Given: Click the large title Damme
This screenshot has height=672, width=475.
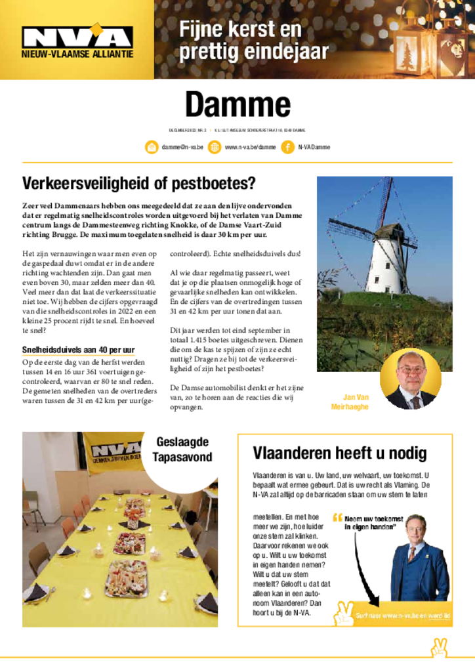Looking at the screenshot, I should pyautogui.click(x=237, y=104).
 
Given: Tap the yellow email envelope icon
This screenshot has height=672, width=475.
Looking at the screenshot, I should pyautogui.click(x=152, y=147).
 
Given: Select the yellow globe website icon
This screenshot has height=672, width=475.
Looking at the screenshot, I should pyautogui.click(x=215, y=147).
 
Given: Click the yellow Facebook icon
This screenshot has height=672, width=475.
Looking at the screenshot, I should pyautogui.click(x=287, y=147).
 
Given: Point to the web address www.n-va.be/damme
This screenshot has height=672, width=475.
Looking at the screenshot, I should pyautogui.click(x=250, y=147).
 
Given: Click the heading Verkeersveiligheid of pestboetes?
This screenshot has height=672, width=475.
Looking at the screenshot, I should pyautogui.click(x=138, y=182).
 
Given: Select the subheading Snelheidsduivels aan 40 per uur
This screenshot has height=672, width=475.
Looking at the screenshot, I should pyautogui.click(x=78, y=350).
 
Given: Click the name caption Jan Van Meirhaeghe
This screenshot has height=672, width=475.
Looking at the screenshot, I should pyautogui.click(x=357, y=402).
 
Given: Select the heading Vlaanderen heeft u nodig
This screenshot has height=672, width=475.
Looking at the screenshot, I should pyautogui.click(x=339, y=453).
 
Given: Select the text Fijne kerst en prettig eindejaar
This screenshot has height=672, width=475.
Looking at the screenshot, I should pyautogui.click(x=253, y=40).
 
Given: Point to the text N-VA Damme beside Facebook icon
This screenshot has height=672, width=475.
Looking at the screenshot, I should pyautogui.click(x=314, y=147).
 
